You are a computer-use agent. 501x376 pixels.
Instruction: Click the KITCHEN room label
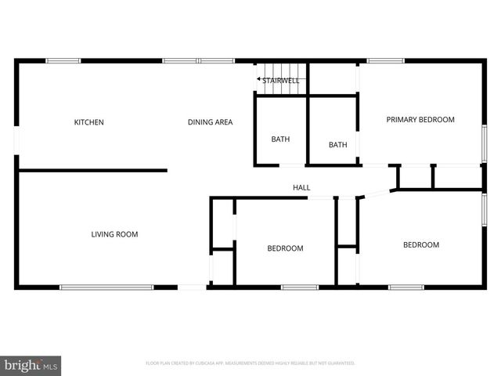[x=88, y=122]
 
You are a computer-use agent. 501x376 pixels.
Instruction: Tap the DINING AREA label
[x=210, y=122]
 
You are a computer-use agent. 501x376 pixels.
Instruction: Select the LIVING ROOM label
[x=114, y=233]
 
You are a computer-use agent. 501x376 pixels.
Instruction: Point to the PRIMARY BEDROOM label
[x=420, y=120]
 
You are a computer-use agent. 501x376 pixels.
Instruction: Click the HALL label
[x=301, y=188]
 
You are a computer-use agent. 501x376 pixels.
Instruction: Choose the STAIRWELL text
[x=281, y=80]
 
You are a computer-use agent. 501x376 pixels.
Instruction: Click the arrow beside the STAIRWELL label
[x=258, y=80]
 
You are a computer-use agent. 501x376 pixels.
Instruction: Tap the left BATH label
[x=280, y=140]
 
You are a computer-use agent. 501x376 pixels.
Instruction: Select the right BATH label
[x=337, y=145]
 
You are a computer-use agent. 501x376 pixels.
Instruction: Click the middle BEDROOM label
[x=285, y=248]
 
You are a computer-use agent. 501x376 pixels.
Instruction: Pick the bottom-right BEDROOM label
[x=420, y=245]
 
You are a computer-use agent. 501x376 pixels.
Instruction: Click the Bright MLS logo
[x=31, y=364]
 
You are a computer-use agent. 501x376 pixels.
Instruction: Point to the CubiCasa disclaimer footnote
[x=250, y=363]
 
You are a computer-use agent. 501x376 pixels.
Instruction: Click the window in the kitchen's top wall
[x=63, y=61]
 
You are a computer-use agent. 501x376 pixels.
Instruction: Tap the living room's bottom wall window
[x=107, y=287]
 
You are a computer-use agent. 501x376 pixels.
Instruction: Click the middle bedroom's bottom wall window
[x=300, y=287]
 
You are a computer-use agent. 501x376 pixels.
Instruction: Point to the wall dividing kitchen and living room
[x=92, y=170]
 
